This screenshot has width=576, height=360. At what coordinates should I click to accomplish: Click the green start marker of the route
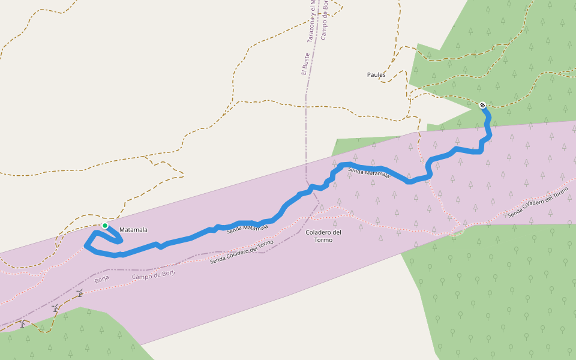tap(105, 226)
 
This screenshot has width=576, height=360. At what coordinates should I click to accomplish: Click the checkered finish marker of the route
tap(482, 105)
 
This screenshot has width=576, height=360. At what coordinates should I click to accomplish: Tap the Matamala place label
tap(133, 230)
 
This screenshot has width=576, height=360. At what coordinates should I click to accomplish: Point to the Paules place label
tap(376, 75)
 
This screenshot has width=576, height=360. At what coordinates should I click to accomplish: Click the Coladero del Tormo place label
tap(323, 236)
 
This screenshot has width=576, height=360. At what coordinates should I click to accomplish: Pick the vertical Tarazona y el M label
tap(311, 21)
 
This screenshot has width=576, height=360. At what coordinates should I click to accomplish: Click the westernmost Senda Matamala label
tap(247, 227)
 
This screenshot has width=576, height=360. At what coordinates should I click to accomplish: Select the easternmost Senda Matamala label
tap(369, 173)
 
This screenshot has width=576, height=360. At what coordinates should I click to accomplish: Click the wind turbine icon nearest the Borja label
tap(80, 293)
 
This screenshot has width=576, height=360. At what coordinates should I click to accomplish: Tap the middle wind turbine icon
tap(55, 308)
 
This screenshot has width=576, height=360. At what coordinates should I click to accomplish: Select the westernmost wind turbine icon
tap(23, 324)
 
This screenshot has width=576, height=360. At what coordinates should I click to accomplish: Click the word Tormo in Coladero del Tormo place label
tap(323, 240)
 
